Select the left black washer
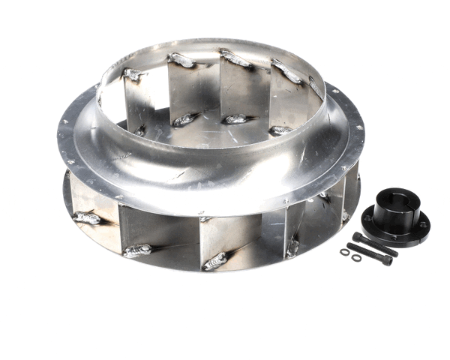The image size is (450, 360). (345, 252)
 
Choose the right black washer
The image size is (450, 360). (355, 258)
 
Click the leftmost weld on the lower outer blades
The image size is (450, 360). (86, 218)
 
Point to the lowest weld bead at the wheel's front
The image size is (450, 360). (214, 261)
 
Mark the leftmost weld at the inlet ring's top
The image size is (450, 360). (132, 74)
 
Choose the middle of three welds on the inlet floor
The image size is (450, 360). (236, 119)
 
